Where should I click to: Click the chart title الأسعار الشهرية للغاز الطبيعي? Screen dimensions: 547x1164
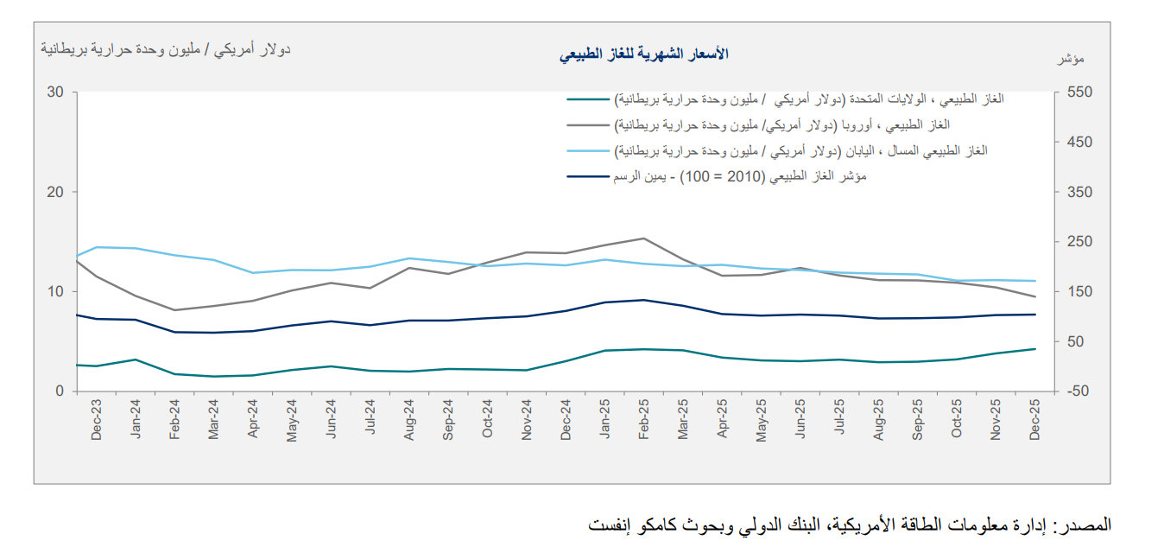(x=643, y=54)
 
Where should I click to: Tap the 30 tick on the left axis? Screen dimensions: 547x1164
(x=55, y=92)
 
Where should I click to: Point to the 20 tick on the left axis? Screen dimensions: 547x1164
(x=55, y=192)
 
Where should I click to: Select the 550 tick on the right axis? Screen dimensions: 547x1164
(x=1079, y=92)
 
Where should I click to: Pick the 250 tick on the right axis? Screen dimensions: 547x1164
(x=1079, y=242)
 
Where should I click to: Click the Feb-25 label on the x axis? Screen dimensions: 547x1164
(x=643, y=420)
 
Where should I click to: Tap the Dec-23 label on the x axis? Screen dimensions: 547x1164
(x=97, y=420)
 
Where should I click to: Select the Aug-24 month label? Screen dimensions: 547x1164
(x=409, y=420)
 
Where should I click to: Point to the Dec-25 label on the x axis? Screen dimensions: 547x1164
(x=1034, y=420)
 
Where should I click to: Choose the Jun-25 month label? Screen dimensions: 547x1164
(x=800, y=420)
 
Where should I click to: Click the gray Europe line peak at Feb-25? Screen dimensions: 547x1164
(x=643, y=239)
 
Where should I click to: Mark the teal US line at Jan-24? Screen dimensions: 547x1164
(x=136, y=359)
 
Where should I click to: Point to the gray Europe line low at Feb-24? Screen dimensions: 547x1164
(x=174, y=310)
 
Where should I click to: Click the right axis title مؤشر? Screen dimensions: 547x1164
(x=1071, y=59)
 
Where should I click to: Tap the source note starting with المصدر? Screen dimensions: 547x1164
(x=850, y=525)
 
